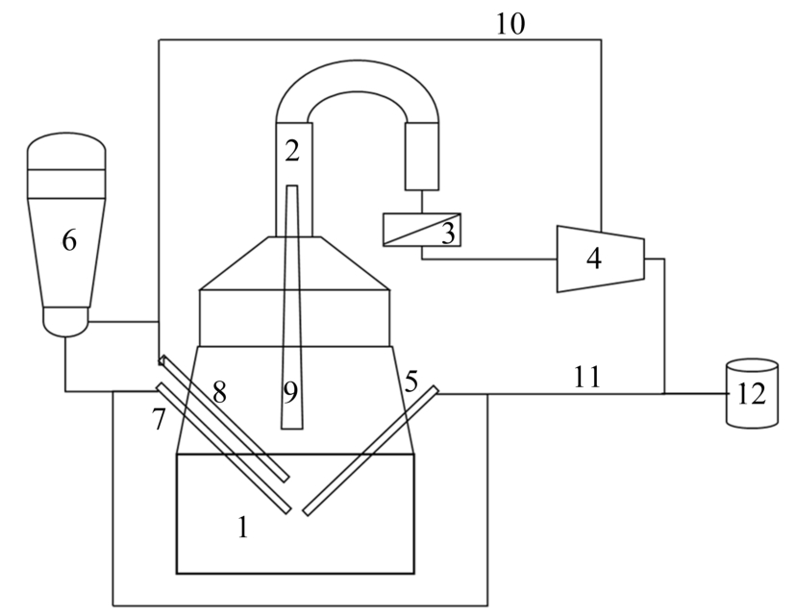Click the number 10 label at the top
[x=510, y=24]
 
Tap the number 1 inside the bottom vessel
[x=243, y=528]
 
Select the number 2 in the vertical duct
[x=292, y=151]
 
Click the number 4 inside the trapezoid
[x=594, y=258]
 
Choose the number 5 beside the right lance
[x=410, y=382]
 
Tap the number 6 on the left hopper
[x=69, y=240]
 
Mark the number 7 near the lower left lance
[x=160, y=419]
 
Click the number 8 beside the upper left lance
[x=219, y=392]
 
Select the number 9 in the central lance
[x=290, y=393]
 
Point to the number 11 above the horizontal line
[x=586, y=377]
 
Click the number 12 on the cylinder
[x=752, y=393]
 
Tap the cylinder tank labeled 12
[x=752, y=392]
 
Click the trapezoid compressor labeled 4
[x=601, y=259]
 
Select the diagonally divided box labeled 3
[x=422, y=230]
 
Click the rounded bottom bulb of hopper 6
[x=65, y=321]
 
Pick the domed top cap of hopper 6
[x=66, y=151]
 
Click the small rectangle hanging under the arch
[x=422, y=157]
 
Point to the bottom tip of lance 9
[x=292, y=429]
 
